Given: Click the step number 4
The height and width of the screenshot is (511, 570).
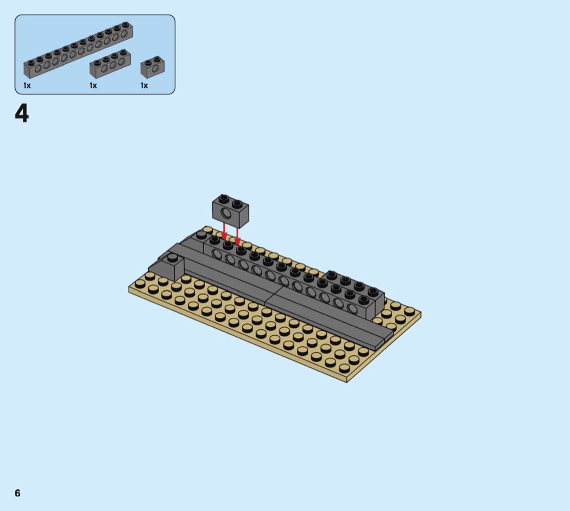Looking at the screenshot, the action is pyautogui.click(x=22, y=114).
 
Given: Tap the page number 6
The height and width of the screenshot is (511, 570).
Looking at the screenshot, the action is pyautogui.click(x=17, y=493).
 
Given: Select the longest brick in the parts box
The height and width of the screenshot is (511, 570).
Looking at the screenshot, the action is pyautogui.click(x=78, y=50).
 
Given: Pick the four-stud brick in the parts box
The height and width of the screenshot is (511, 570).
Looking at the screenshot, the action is pyautogui.click(x=110, y=63).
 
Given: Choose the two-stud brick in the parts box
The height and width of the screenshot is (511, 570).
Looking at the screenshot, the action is pyautogui.click(x=153, y=67).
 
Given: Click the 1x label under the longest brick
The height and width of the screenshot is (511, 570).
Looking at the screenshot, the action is pyautogui.click(x=27, y=86).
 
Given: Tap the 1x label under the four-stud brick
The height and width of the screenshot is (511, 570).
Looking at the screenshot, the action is pyautogui.click(x=93, y=86).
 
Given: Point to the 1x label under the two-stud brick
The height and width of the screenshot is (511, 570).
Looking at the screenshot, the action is pyautogui.click(x=144, y=86).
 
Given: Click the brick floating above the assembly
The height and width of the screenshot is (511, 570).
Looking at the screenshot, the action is pyautogui.click(x=231, y=210).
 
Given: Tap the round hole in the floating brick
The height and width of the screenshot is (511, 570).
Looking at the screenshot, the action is pyautogui.click(x=226, y=214).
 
